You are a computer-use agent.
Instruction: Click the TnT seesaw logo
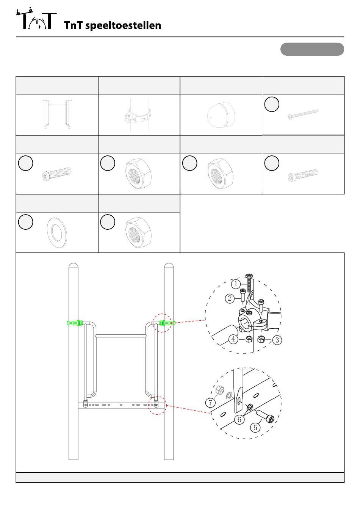36,18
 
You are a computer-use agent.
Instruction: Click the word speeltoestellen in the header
123,25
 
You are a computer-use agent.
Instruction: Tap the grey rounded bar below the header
312,49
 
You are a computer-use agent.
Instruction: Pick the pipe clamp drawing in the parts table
138,115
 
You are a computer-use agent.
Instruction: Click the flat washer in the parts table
57,232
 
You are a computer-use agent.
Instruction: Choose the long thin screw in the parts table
303,114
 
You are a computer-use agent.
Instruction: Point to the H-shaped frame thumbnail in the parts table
57,114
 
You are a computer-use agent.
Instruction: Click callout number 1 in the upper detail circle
236,284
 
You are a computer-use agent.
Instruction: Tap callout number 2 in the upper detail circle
230,298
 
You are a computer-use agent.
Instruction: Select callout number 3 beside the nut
277,340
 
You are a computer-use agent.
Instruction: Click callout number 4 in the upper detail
233,339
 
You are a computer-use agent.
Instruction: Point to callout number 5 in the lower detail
255,428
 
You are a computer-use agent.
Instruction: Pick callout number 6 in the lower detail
239,420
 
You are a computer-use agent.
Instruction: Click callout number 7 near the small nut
210,403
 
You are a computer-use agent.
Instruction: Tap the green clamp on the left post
75,323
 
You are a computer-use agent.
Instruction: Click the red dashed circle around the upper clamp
162,314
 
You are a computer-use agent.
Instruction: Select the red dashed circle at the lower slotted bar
157,397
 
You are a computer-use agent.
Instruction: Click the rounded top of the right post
169,265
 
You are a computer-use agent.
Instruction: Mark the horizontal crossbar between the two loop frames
121,336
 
